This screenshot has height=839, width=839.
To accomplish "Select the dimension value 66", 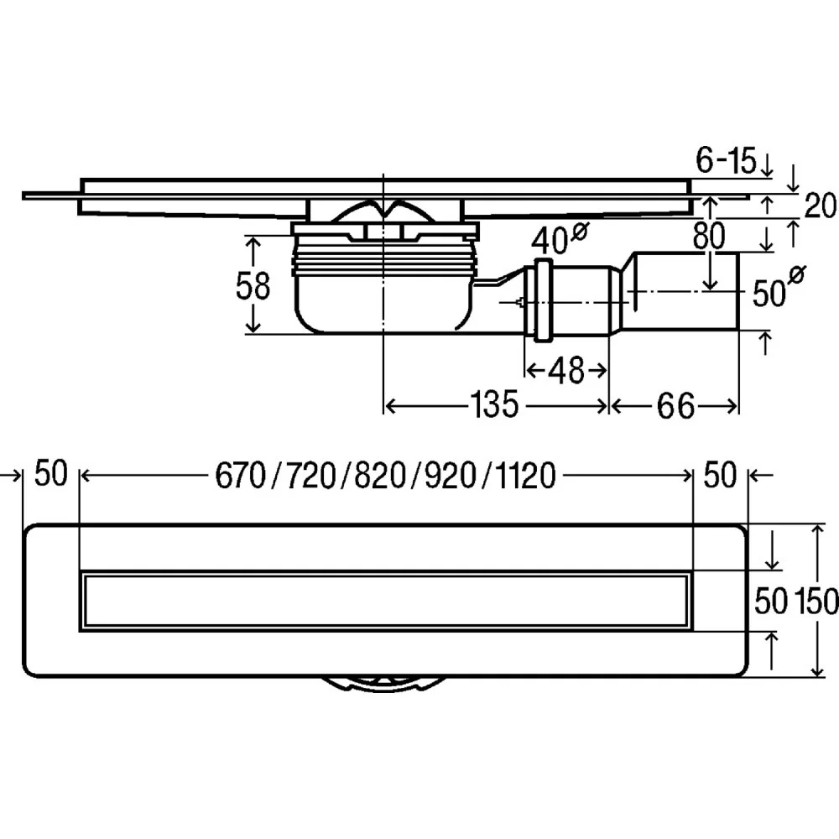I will click(675, 407).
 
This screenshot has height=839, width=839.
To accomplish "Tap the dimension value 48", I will click(566, 369).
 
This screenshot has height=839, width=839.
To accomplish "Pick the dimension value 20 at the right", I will click(821, 206).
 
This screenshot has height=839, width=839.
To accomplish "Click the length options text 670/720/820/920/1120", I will click(386, 477).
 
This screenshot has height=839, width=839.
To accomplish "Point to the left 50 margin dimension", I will click(50, 475).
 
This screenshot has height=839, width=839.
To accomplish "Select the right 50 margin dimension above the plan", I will click(719, 476).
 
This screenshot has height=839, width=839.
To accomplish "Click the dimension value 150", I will click(815, 600).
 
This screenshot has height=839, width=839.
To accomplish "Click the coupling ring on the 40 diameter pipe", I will click(540, 301).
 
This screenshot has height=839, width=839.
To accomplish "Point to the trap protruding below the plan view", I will click(382, 684).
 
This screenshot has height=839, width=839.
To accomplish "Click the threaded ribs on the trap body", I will click(382, 260).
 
